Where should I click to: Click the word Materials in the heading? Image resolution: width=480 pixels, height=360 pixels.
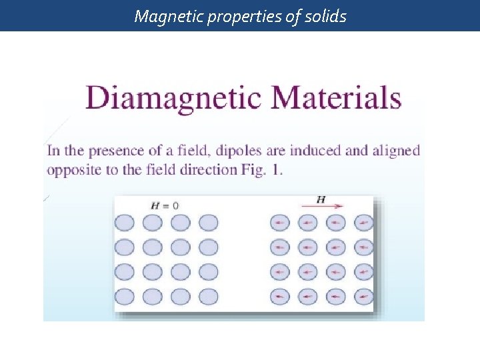tap(336, 97)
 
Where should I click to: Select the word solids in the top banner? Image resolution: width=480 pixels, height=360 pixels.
tap(325, 16)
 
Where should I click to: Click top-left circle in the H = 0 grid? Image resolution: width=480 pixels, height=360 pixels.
tap(125, 223)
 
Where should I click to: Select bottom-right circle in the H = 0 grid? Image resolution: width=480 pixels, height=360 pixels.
tap(208, 296)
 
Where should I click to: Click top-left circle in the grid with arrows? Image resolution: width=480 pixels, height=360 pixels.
tap(279, 223)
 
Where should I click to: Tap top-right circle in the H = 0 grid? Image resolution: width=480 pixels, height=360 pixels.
tap(208, 223)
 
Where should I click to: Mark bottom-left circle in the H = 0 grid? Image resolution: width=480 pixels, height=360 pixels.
tap(125, 296)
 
